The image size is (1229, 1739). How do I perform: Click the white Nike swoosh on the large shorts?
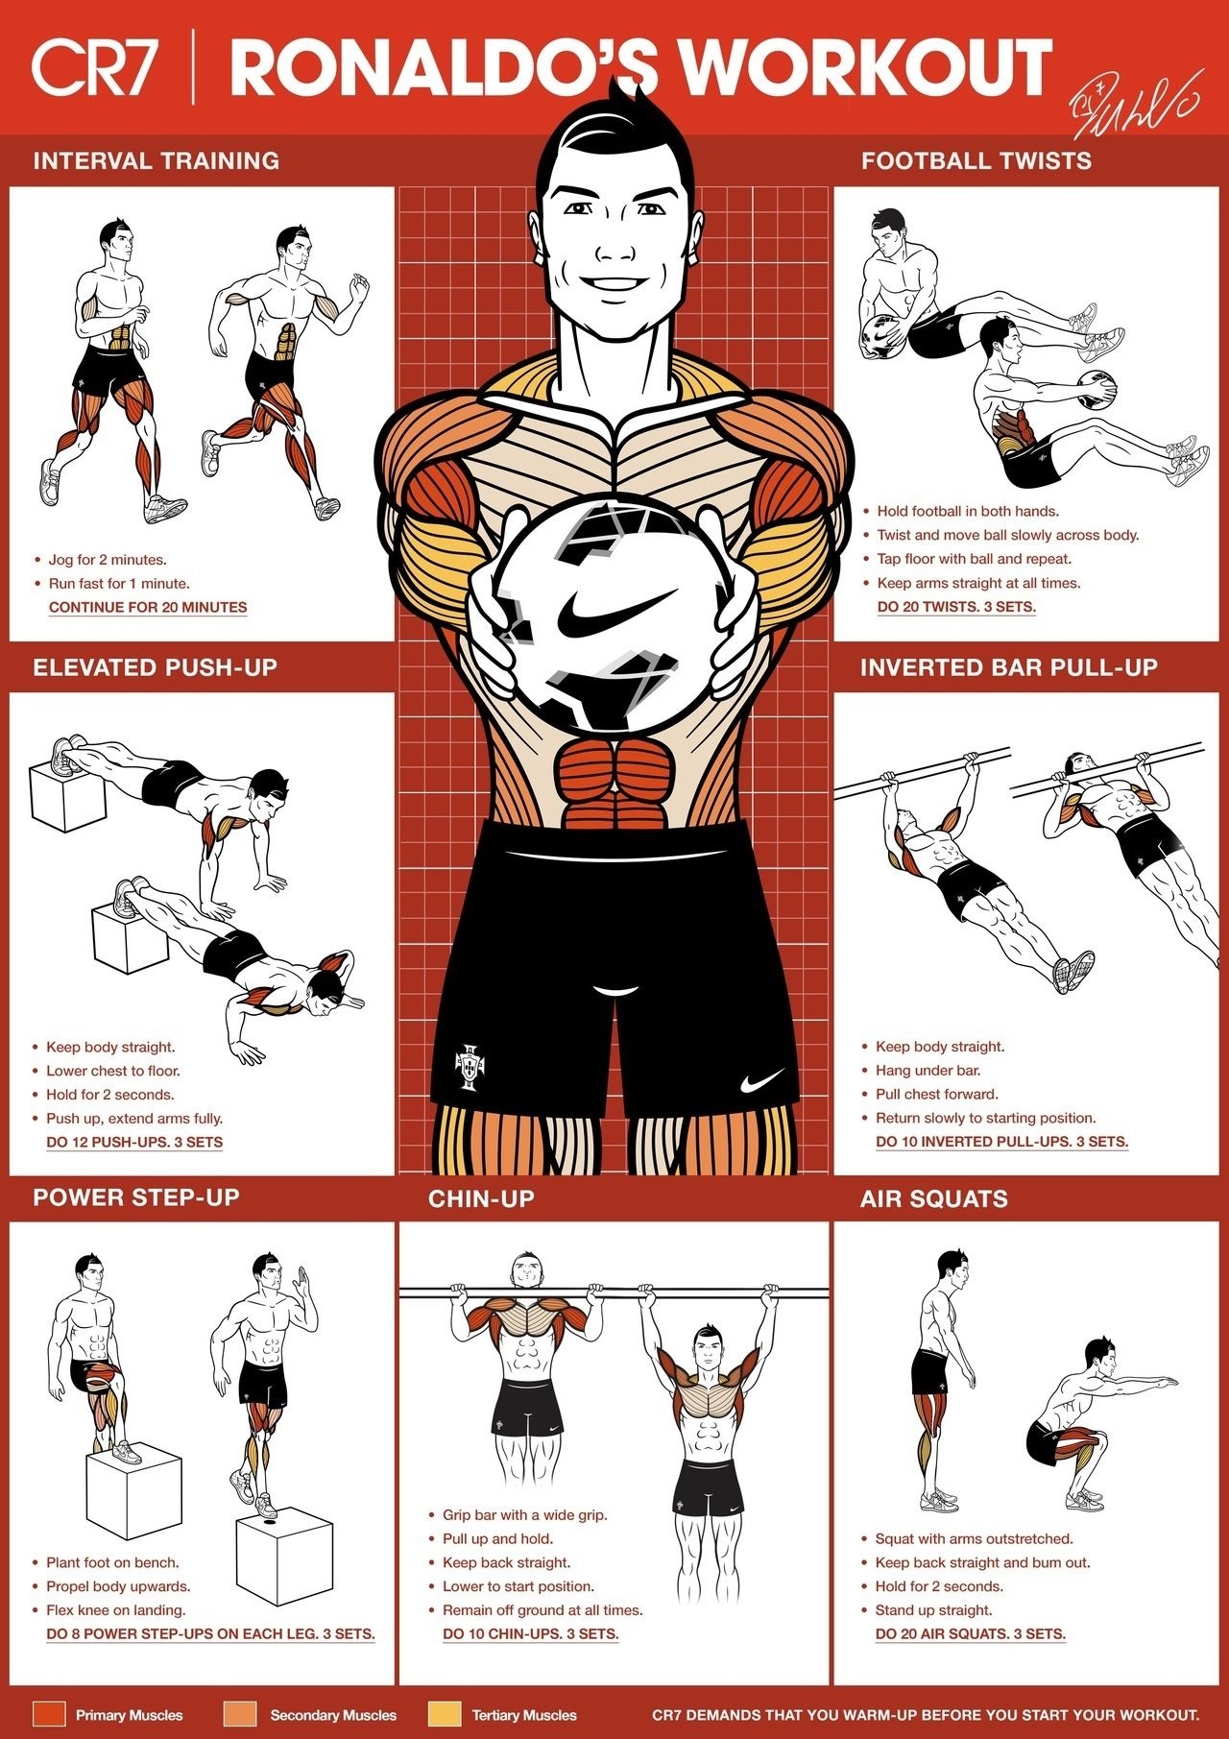point(767,1084)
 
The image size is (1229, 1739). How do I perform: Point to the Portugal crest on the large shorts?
point(470,1066)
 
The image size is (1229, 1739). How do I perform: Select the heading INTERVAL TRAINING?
point(157,160)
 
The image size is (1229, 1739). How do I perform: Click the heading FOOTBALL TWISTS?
point(976,160)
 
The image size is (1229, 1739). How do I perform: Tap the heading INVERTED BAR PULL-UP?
point(1008,667)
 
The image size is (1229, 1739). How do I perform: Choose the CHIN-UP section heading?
point(481,1198)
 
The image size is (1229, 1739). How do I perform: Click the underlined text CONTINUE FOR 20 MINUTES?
point(148,607)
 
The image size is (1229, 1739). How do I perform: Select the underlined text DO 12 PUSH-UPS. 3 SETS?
point(134,1142)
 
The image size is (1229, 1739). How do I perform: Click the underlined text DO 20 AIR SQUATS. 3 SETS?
point(970,1633)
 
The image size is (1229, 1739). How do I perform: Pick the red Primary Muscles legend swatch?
point(49,1714)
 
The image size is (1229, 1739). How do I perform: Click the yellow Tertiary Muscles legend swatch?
point(445,1714)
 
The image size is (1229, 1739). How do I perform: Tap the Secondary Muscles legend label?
point(333,1715)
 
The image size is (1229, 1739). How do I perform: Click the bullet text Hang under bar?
point(928,1070)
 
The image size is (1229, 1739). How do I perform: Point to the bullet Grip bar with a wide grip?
point(524,1514)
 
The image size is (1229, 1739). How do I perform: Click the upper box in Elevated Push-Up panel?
point(65,797)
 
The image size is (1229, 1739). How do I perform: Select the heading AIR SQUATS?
point(933,1198)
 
